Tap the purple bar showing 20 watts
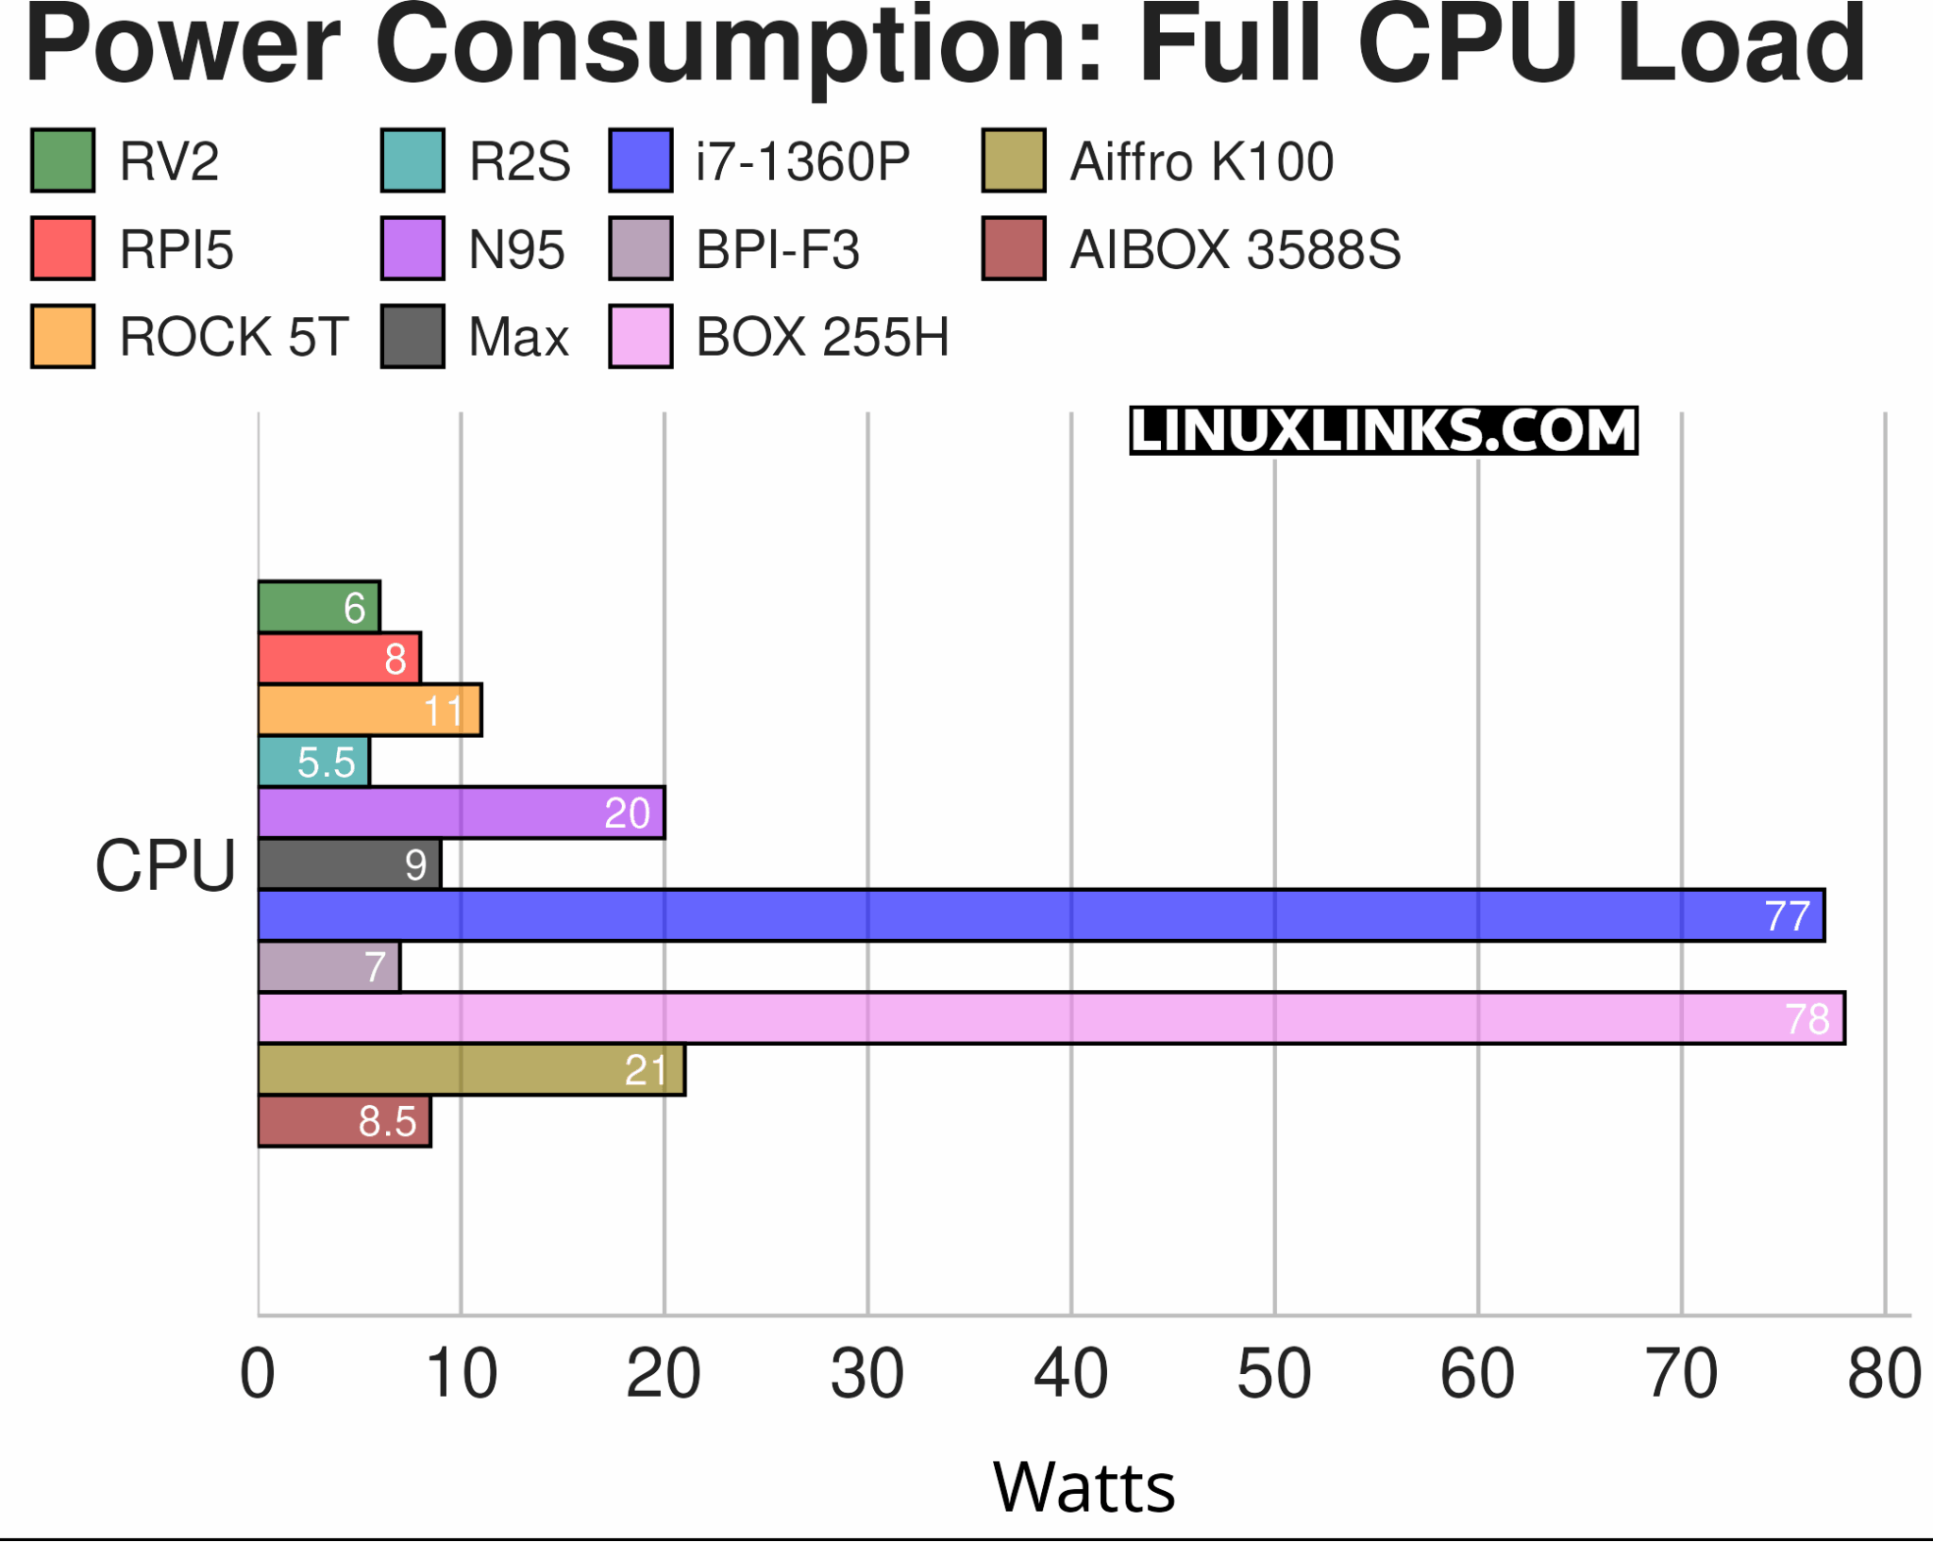coord(461,813)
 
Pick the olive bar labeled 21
coord(470,1070)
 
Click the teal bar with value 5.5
coord(313,762)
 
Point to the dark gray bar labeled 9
coord(348,864)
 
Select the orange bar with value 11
coord(369,710)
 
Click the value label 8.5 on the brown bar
coord(387,1122)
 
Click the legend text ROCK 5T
coord(234,337)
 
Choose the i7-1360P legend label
coord(802,161)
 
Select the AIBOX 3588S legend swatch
coord(1014,249)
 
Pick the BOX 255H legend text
coord(822,337)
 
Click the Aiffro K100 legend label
coord(1202,161)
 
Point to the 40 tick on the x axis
coord(1070,1374)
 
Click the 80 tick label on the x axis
coord(1884,1374)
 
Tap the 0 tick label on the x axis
coord(258,1374)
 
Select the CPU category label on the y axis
coord(165,865)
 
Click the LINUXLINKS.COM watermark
coord(1383,430)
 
